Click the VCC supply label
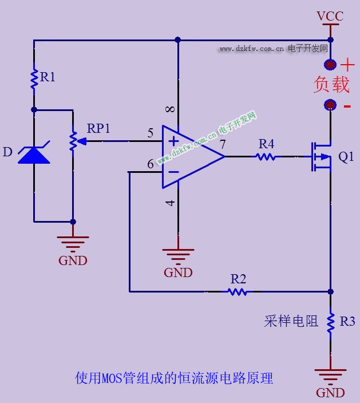coord(330,16)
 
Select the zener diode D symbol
coord(34,155)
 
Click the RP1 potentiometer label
coord(98,128)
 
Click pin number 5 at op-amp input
coord(151,133)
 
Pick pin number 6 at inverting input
coord(151,164)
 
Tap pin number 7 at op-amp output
coord(222,144)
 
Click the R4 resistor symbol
coord(266,156)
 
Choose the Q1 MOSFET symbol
coord(321,156)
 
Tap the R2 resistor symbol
coord(238,291)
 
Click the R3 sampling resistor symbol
coord(330,322)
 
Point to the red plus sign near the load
coord(347,65)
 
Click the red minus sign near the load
coord(347,106)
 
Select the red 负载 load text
coord(331,85)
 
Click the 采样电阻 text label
coord(291,321)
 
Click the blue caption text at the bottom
coord(174,378)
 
